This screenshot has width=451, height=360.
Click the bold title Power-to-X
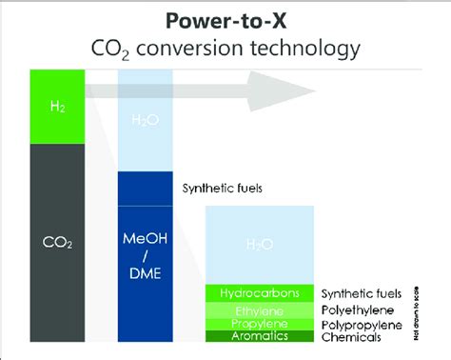click(x=225, y=20)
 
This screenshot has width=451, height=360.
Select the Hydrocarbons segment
click(x=260, y=293)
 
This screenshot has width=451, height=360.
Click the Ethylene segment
click(x=260, y=310)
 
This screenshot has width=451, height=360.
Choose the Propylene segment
click(x=260, y=324)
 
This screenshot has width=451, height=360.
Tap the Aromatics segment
click(x=260, y=336)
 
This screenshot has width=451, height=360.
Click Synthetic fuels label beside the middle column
click(x=223, y=188)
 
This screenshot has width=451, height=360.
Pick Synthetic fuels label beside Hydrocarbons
click(x=362, y=294)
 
